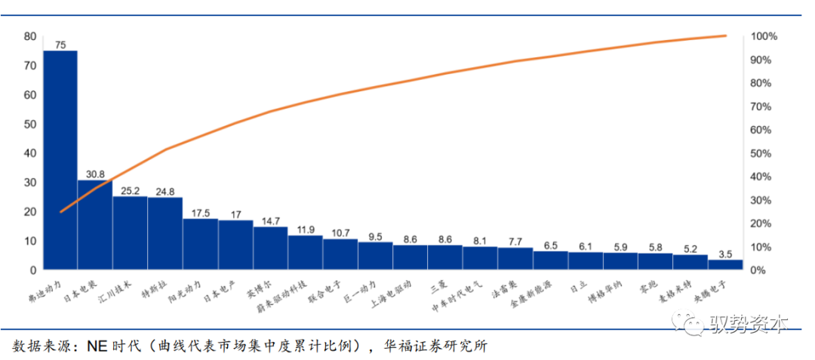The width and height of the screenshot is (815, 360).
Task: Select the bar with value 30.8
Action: coord(95,225)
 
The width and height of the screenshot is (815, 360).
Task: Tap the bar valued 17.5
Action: coord(200,244)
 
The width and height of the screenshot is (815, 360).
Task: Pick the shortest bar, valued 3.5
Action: coord(725,264)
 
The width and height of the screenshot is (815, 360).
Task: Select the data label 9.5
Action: coord(375,236)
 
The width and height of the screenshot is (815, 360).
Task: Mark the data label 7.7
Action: coord(515,242)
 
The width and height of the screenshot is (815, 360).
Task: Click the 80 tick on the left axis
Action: coord(30,36)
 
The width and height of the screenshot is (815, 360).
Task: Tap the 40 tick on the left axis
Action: coord(30,153)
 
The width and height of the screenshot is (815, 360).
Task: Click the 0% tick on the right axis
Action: coord(759,270)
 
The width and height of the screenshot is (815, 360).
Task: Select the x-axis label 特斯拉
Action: coord(155,289)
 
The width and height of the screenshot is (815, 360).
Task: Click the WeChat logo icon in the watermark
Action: coord(690,325)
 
